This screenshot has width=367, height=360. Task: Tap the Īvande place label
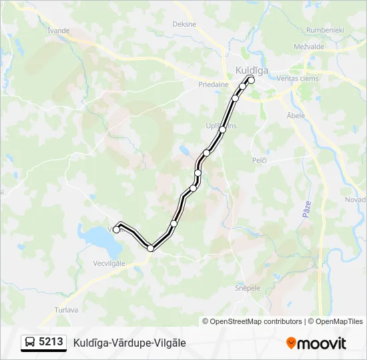59,31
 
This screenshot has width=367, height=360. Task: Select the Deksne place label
184,24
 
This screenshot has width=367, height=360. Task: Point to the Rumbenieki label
324,30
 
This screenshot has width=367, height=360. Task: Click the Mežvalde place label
308,47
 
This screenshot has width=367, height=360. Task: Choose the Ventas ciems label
298,79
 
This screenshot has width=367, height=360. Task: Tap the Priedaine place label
214,85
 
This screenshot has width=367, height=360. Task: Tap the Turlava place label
66,310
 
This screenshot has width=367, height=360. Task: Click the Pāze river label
306,211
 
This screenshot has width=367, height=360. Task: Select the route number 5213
51,343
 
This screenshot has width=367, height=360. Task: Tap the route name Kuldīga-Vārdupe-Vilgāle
129,343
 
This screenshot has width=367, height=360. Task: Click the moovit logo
316,343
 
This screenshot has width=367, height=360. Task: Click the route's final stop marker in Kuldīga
252,80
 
